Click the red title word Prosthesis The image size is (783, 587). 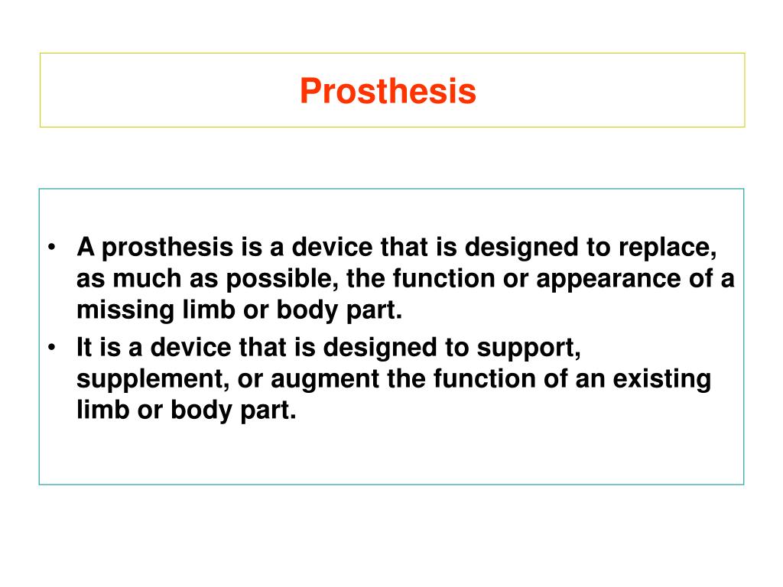[388, 92]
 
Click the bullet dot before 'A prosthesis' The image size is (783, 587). [50, 248]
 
